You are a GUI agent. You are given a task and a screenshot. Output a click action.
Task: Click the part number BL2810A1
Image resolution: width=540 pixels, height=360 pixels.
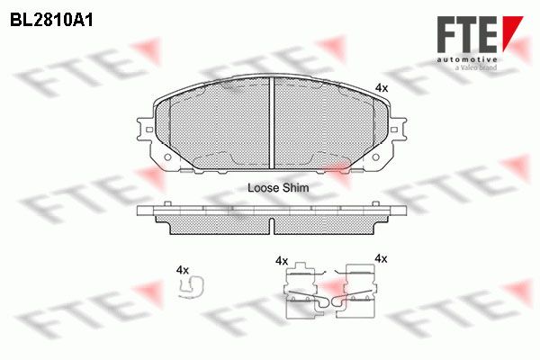coord(51,21)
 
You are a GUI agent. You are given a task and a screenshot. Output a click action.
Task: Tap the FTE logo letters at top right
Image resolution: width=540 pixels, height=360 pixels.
coord(467,34)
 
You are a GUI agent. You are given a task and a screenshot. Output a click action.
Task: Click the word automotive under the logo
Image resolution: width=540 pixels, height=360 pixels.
coord(467,60)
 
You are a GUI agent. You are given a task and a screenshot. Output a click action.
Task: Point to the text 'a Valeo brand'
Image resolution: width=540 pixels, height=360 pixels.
coord(476,67)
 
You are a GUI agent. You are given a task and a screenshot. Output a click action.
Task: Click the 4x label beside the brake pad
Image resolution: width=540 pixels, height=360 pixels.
coord(382,88)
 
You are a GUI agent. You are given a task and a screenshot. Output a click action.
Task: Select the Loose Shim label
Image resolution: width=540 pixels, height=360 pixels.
coord(278,188)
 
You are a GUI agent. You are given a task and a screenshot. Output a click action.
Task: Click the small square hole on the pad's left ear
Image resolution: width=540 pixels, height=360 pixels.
coord(149,130)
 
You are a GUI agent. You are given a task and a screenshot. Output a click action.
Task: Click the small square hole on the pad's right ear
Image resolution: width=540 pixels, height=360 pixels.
coord(394,130)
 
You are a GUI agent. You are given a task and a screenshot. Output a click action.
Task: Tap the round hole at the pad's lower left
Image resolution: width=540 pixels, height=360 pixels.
coord(167,157)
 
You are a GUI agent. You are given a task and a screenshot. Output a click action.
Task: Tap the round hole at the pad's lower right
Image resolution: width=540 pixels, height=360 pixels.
coord(375,157)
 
